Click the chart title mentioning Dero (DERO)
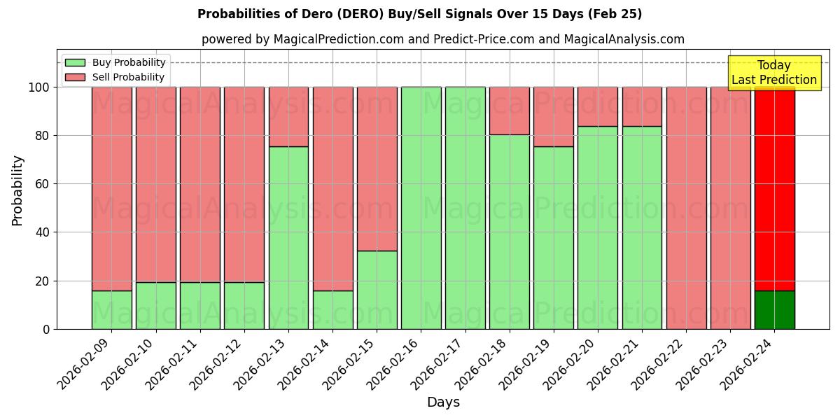click(419, 14)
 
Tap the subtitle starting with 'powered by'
click(442, 39)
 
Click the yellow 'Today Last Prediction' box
click(773, 73)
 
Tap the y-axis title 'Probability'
click(17, 190)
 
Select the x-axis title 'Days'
click(443, 402)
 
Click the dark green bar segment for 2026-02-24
click(774, 309)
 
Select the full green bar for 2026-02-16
click(421, 208)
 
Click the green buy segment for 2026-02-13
click(288, 238)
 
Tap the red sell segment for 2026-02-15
click(377, 169)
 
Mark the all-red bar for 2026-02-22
click(686, 208)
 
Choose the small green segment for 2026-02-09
click(111, 309)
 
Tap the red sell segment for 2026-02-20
click(598, 106)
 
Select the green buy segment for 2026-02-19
click(553, 238)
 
